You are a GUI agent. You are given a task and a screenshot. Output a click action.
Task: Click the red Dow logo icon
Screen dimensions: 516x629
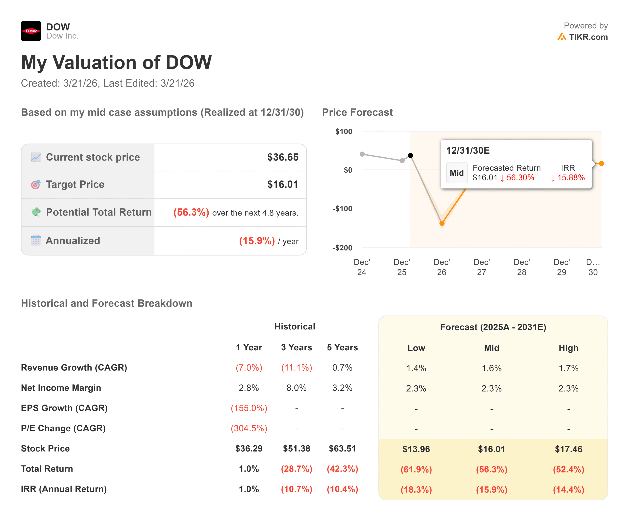(31, 31)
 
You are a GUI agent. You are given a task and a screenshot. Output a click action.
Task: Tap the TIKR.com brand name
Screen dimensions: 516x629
(588, 37)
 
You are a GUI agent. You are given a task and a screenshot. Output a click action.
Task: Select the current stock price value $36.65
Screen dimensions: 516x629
(282, 157)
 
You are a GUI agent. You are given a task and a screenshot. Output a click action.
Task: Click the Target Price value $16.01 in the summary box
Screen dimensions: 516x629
(282, 185)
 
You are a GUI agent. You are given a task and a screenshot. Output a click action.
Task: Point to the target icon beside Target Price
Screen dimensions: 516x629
(36, 185)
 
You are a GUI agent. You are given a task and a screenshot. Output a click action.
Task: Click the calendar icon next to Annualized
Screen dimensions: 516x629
(36, 241)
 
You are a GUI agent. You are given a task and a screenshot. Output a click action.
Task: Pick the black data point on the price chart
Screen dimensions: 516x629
(410, 155)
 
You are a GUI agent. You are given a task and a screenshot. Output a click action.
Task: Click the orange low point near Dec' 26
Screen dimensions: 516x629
(442, 223)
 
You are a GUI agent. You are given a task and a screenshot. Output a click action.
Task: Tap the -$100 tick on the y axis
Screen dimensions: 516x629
(342, 209)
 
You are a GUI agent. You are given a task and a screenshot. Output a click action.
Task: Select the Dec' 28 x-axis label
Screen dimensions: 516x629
(521, 267)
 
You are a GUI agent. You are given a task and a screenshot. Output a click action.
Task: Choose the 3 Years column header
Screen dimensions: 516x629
(296, 347)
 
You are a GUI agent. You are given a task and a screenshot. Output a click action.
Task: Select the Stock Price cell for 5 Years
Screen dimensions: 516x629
(342, 448)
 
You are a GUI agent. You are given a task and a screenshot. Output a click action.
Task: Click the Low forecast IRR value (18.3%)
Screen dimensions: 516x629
(416, 489)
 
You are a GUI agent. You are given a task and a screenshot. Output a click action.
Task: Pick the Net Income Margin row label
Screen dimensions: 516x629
(61, 388)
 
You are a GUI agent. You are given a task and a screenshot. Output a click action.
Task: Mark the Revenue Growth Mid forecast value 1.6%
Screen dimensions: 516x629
(492, 368)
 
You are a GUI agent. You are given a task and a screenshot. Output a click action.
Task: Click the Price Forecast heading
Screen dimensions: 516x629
(357, 112)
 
